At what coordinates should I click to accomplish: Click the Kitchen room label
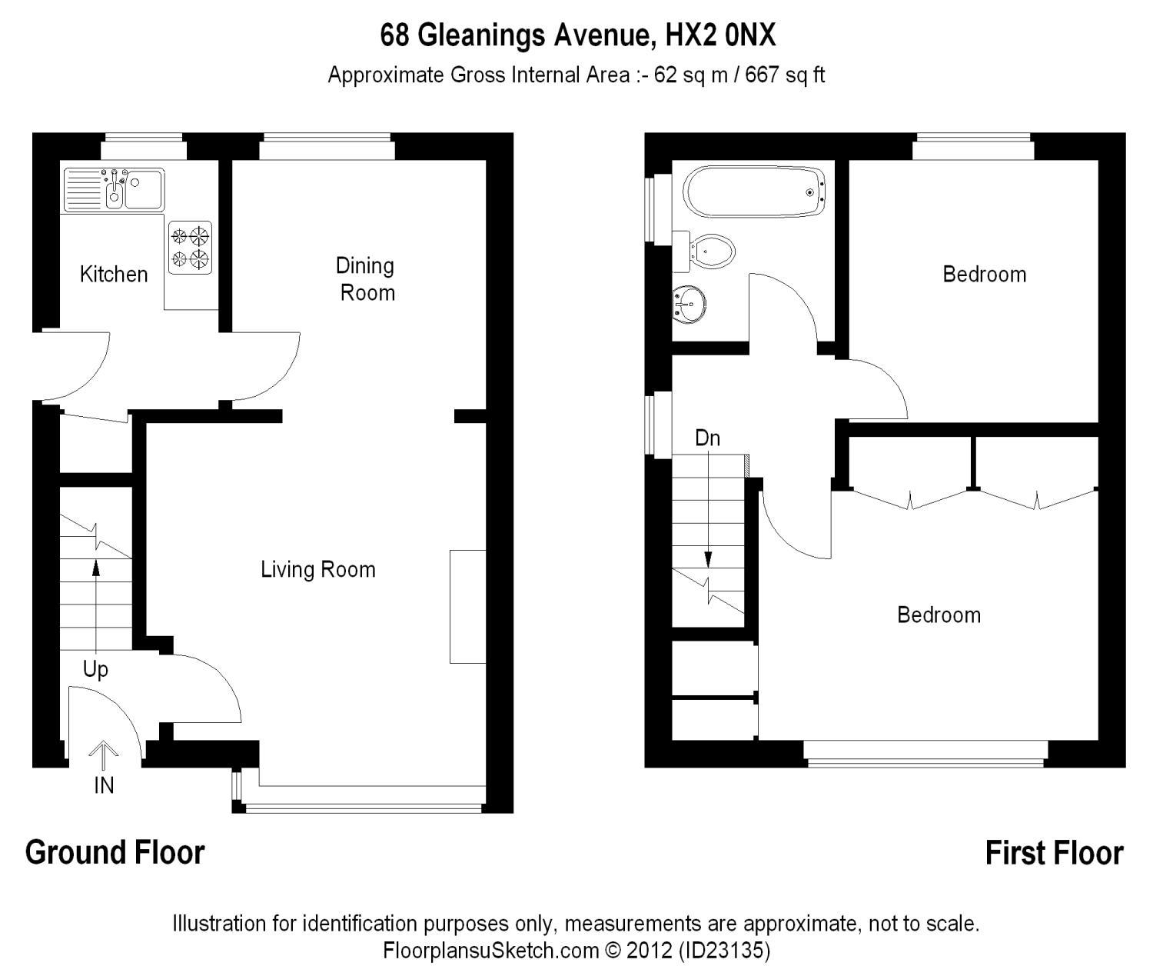point(114,275)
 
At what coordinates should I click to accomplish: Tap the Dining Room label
point(366,279)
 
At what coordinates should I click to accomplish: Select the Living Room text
point(318,570)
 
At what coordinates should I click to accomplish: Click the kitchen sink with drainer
point(114,190)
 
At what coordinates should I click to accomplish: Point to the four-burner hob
point(190,247)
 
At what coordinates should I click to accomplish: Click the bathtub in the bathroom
point(754,192)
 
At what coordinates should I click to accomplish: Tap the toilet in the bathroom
point(704,251)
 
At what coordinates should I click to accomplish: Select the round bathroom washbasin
point(689,305)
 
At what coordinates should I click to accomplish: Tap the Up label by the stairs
point(95,668)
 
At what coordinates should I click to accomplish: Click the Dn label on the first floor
point(707,438)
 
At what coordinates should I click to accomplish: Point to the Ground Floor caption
point(115,853)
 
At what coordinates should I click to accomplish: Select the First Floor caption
point(1055,853)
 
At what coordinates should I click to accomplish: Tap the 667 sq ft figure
point(785,75)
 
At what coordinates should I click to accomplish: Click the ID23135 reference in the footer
point(725,951)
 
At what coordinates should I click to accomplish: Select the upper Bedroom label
point(985,275)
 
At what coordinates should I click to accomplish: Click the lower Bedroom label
point(939,615)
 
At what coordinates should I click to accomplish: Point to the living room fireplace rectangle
point(468,607)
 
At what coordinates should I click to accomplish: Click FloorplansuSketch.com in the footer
point(491,951)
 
